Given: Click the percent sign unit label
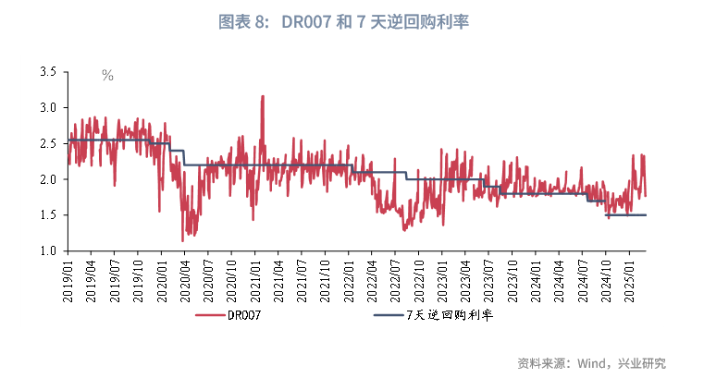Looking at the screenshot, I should (x=107, y=76).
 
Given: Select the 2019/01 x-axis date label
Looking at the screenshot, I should (x=68, y=277).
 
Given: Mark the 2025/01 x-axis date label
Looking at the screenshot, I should (x=631, y=277).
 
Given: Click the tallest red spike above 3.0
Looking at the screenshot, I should (x=263, y=96).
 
